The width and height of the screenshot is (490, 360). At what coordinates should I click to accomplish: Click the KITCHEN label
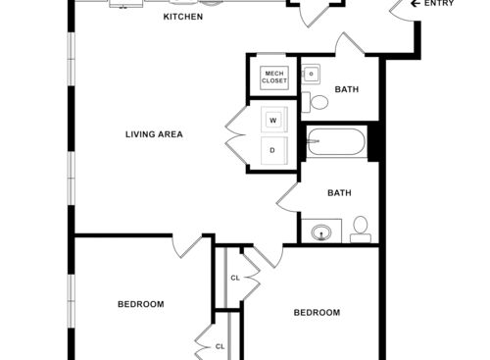click(182, 18)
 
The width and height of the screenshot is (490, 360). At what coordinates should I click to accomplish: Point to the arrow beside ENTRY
click(415, 4)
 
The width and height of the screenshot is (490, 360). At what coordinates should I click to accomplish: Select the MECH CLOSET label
click(272, 77)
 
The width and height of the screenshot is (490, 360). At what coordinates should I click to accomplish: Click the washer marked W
click(272, 121)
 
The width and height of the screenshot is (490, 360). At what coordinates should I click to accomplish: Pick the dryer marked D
click(272, 150)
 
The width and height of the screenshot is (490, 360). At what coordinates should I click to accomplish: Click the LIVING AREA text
click(154, 134)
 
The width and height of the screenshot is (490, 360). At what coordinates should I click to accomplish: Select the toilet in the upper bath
click(318, 101)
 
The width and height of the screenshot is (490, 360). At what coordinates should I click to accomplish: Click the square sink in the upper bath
click(311, 74)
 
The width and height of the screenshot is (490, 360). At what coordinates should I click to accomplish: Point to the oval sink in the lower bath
click(320, 232)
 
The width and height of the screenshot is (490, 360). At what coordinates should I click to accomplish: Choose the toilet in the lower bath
click(360, 229)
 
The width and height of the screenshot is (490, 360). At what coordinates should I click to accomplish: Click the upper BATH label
click(347, 90)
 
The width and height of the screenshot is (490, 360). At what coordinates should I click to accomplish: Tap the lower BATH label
click(339, 193)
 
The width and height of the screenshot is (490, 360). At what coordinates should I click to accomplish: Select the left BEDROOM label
click(140, 304)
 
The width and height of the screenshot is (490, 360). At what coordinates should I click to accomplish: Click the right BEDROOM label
click(317, 313)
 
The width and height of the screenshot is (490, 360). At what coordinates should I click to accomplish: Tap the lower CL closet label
click(220, 346)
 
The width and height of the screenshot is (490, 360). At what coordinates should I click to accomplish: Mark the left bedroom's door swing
click(185, 247)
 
